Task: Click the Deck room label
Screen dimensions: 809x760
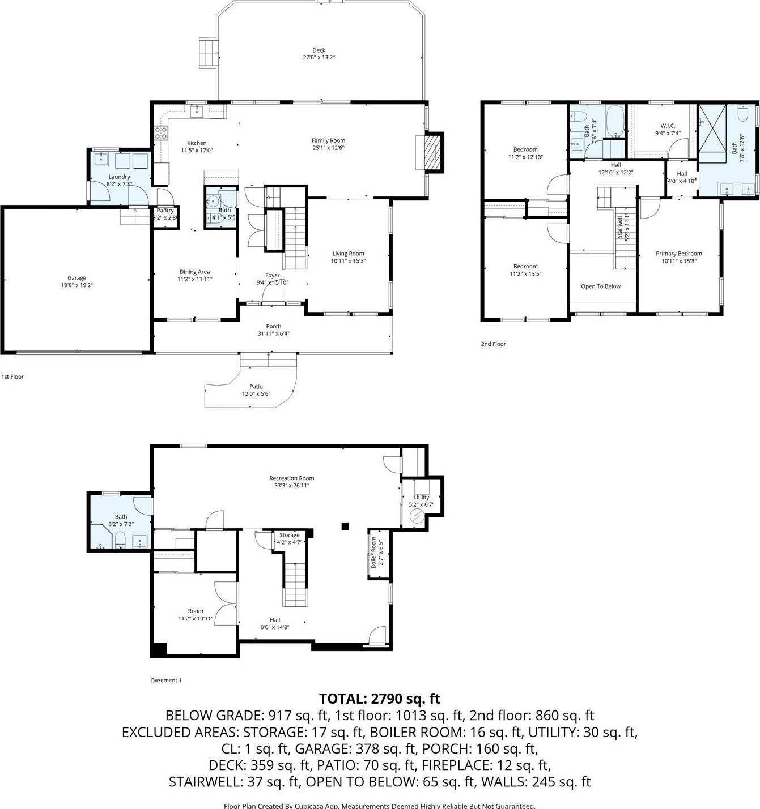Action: [x=319, y=50]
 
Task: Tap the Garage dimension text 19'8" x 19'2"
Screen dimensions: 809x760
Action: [x=77, y=285]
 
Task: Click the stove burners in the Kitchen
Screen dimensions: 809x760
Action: [x=161, y=133]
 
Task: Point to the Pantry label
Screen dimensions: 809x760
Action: [x=165, y=211]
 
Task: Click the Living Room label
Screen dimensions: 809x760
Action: [x=348, y=254]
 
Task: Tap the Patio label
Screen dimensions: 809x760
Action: [x=256, y=387]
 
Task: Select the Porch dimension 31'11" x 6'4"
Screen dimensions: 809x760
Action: [x=273, y=334]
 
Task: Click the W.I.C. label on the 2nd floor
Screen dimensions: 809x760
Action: [x=667, y=126]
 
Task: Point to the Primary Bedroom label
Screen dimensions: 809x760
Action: [x=678, y=254]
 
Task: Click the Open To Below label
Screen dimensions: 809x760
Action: [x=601, y=286]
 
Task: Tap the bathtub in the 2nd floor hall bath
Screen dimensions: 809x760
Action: [x=615, y=120]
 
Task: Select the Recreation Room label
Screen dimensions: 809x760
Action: [x=291, y=478]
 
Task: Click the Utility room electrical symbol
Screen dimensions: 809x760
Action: [x=417, y=516]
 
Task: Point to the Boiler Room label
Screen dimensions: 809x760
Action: [x=373, y=553]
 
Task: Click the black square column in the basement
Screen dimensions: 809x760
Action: [x=345, y=526]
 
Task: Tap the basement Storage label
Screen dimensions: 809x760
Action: [x=289, y=535]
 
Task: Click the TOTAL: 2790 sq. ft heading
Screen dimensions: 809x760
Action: [x=379, y=699]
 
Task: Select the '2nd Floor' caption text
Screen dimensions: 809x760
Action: [x=493, y=344]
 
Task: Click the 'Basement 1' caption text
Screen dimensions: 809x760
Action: [x=166, y=680]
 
